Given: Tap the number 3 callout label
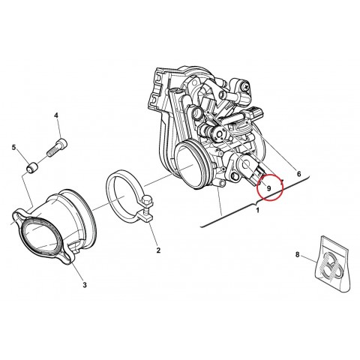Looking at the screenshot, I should pos(84,285).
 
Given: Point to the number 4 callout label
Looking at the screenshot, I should pos(56,115).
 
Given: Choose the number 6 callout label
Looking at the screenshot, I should pos(298,174).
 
